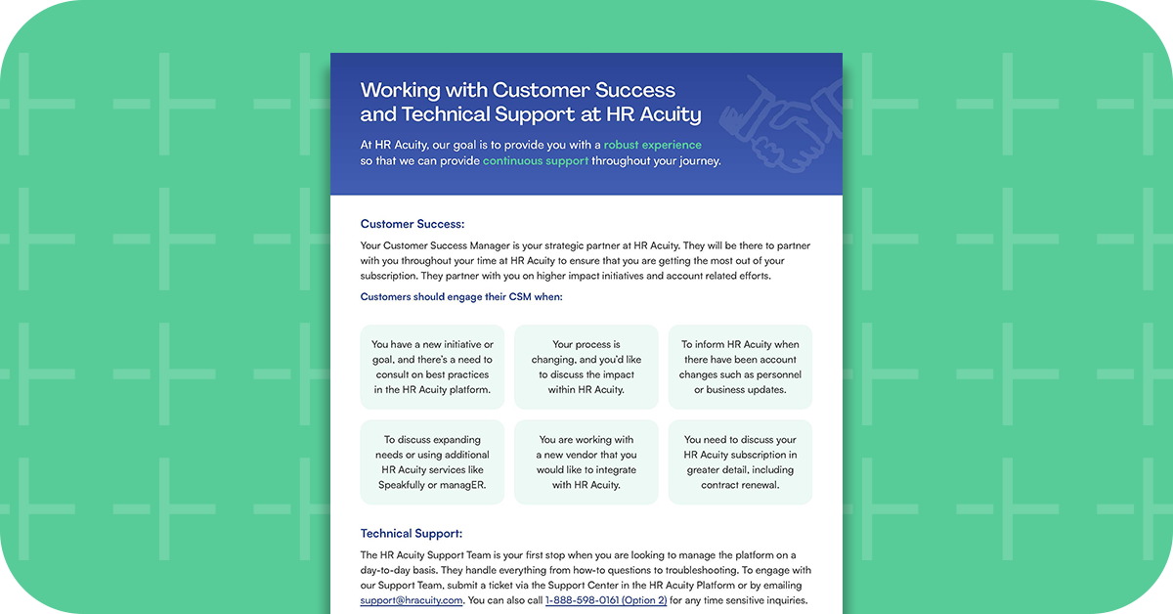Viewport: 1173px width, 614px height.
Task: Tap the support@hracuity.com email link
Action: pos(411,600)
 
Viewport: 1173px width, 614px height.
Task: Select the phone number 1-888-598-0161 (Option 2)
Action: pos(605,600)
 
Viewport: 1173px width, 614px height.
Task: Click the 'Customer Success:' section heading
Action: pos(412,224)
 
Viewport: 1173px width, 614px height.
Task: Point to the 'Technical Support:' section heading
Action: pos(411,534)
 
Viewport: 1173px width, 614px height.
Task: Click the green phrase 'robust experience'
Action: pos(652,145)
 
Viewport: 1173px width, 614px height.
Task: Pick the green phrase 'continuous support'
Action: pos(535,161)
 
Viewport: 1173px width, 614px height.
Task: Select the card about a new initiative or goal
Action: pos(432,367)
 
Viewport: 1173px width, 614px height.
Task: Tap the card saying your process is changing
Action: pos(586,367)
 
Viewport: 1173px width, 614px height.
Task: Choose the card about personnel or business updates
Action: pos(740,367)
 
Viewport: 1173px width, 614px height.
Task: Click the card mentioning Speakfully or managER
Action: pos(432,462)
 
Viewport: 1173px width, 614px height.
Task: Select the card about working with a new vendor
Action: pos(586,462)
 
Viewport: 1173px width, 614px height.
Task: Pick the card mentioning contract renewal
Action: pos(740,462)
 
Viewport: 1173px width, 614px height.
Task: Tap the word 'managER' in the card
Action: pos(463,485)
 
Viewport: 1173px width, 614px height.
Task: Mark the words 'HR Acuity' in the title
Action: pos(654,115)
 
